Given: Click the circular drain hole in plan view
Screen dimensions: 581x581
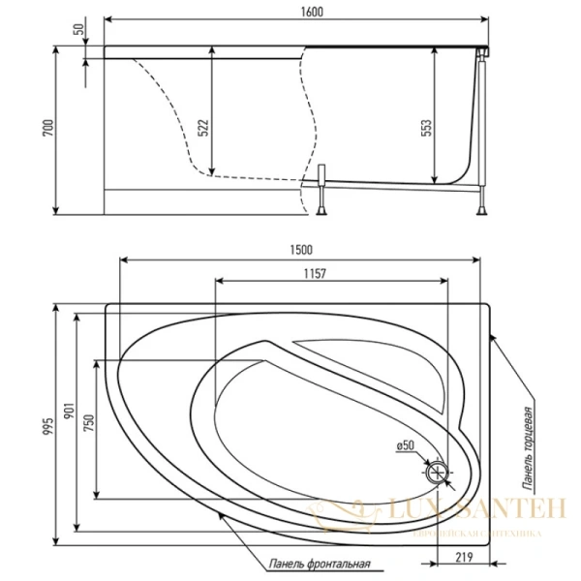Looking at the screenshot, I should (x=438, y=473).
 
